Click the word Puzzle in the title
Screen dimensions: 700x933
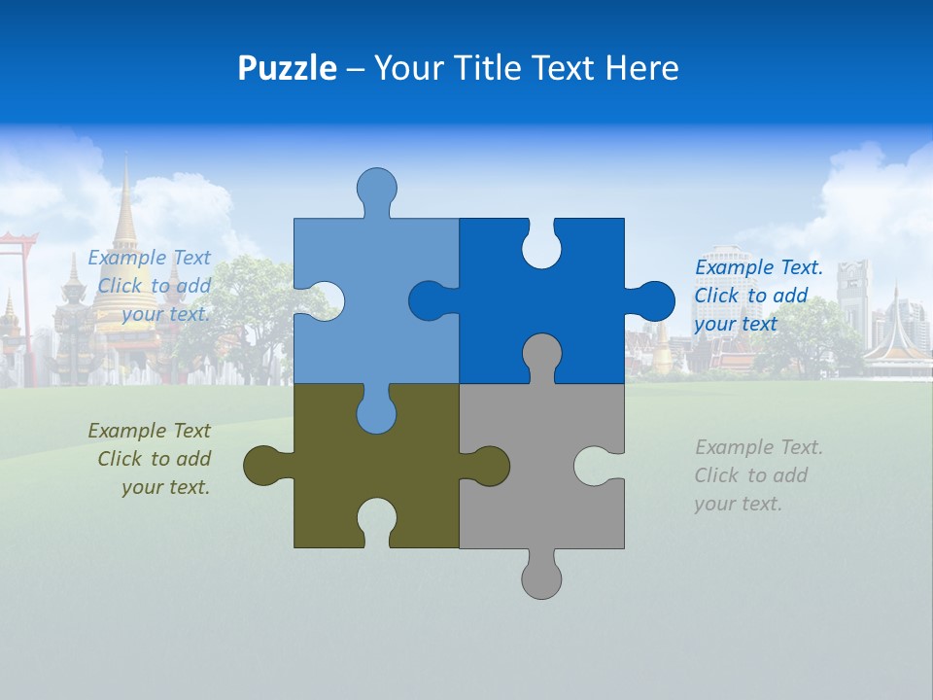(287, 68)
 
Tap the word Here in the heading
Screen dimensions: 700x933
(641, 68)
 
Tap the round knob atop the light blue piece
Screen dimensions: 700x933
(376, 188)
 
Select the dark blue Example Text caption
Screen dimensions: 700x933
(758, 296)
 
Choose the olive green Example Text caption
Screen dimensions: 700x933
(151, 459)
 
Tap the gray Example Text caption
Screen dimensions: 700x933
(758, 475)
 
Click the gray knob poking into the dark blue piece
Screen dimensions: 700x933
(541, 355)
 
